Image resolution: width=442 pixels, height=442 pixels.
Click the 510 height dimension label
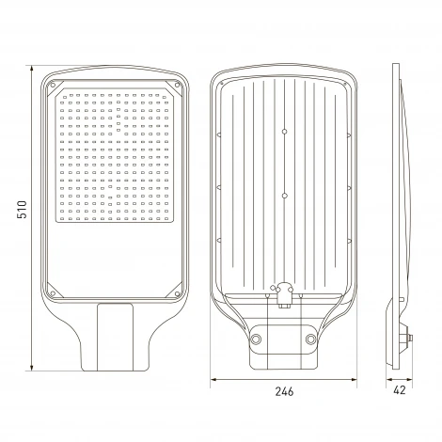[x=23, y=210]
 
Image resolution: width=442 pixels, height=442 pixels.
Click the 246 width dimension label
[x=284, y=391]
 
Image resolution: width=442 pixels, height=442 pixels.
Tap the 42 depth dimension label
[x=399, y=390]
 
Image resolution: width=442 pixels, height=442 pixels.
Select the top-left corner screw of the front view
[x=53, y=85]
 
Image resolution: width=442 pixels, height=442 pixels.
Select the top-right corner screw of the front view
[x=177, y=85]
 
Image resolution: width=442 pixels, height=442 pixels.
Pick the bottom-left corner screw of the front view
[x=53, y=293]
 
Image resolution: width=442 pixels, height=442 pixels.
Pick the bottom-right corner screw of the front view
[x=177, y=293]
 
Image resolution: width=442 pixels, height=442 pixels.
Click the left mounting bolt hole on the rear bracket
[x=256, y=339]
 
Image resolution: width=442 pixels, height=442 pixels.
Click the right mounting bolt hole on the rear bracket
[x=310, y=339]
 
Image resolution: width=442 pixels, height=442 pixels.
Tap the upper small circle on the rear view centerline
[x=284, y=132]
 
